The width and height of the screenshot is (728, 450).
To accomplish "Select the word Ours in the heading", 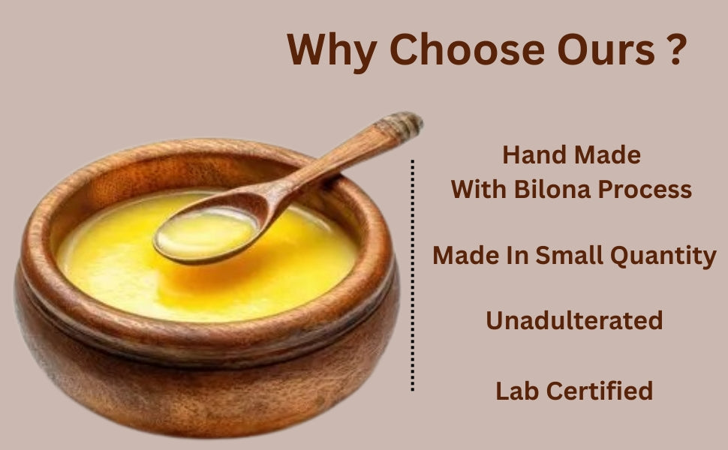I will [602, 50].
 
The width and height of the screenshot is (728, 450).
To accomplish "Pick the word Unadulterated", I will [574, 321].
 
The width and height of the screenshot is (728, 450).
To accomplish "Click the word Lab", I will [517, 391].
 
